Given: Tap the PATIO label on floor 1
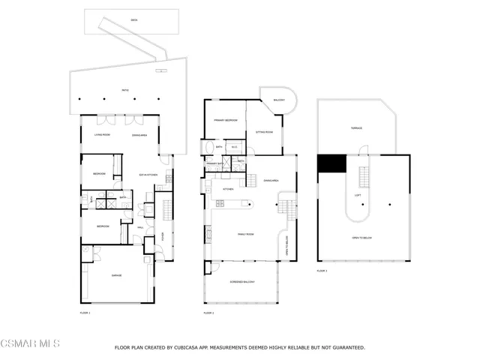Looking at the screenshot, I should point(125,90).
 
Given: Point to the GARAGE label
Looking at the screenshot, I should point(116,275).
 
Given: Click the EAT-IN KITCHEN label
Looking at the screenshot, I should point(147,175).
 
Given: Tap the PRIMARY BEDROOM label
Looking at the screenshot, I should point(225,120).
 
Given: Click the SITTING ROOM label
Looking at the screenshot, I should point(265,131).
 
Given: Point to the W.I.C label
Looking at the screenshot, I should point(234,146).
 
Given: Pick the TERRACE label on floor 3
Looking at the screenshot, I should point(357,128).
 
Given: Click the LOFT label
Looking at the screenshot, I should point(358,195).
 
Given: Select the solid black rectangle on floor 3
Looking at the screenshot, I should point(330,163).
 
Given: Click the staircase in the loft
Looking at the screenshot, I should point(365,177).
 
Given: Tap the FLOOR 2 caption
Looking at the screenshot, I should point(209,312).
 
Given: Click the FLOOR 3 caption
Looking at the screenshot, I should point(322,270).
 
